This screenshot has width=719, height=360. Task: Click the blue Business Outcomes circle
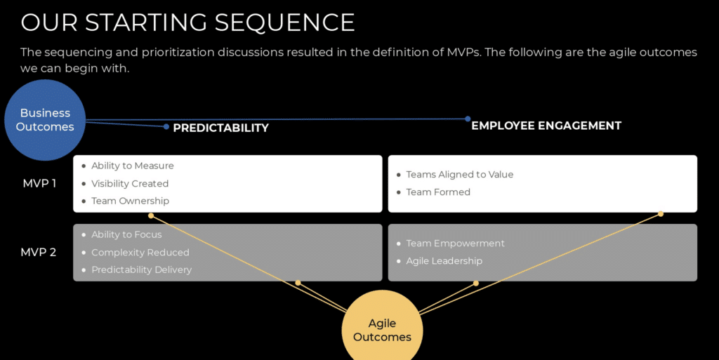coord(46,120)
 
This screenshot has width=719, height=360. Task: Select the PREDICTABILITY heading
coord(220,128)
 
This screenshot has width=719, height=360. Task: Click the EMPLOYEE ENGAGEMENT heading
coord(546,126)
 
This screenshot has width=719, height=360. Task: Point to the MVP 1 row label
coord(39,184)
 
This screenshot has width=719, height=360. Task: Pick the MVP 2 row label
coord(39,252)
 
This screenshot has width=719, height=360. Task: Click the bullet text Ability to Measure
coord(132,166)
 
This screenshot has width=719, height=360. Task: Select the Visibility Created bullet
coord(130,183)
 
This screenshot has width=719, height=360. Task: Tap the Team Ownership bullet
coord(130,201)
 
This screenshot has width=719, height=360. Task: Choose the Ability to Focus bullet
coord(126,234)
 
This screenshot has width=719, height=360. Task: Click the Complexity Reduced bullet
coord(140,252)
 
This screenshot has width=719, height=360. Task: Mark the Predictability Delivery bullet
coord(141,269)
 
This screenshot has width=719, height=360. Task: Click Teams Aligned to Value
coord(459,174)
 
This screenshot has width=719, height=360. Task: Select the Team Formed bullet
coord(438,192)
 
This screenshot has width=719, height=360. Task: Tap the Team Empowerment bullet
coord(455,243)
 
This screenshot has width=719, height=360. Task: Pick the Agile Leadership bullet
coord(444,260)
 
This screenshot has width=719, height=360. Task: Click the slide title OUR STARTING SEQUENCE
coord(187,22)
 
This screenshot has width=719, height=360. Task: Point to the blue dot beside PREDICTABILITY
coord(166,127)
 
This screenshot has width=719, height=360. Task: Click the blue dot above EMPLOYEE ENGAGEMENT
coord(468,119)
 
